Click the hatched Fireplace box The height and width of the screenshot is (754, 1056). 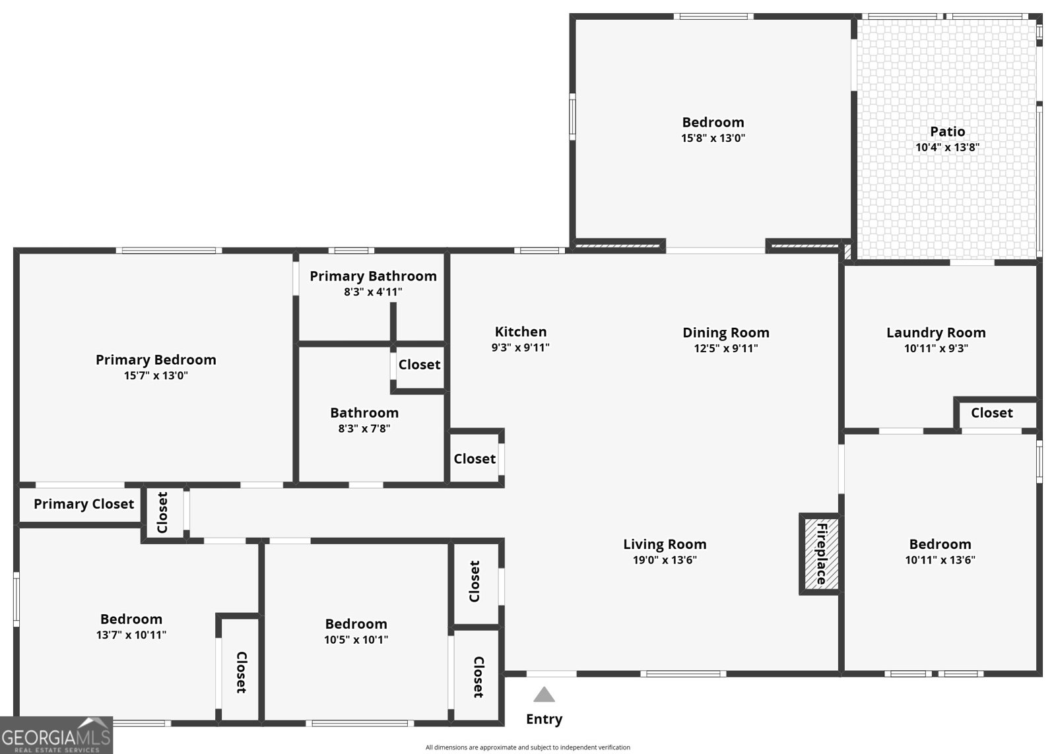tap(820, 553)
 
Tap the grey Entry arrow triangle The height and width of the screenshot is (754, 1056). tap(544, 695)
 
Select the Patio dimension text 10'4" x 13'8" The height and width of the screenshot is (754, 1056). tap(947, 148)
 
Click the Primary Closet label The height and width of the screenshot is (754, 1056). tap(84, 504)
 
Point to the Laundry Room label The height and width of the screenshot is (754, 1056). tap(936, 332)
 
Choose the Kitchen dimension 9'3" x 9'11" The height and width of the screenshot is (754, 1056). tap(520, 348)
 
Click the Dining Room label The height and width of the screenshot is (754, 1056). tap(725, 332)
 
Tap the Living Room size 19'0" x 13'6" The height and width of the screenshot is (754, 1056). tap(664, 560)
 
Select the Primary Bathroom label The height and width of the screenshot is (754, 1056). tap(373, 276)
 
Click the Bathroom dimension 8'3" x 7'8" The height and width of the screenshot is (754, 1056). tap(364, 428)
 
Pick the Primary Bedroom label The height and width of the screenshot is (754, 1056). tap(156, 360)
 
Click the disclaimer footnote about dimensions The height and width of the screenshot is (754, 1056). tap(527, 747)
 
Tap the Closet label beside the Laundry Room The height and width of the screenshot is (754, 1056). tap(991, 413)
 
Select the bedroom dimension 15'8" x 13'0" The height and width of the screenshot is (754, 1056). tap(713, 138)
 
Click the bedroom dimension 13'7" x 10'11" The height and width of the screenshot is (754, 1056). tap(131, 635)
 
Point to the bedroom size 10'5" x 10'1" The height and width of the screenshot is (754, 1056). tap(356, 639)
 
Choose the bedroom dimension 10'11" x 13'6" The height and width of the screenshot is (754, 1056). tap(940, 560)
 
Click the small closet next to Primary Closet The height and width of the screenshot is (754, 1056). tap(162, 513)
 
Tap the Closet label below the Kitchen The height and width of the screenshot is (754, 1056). tap(474, 458)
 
